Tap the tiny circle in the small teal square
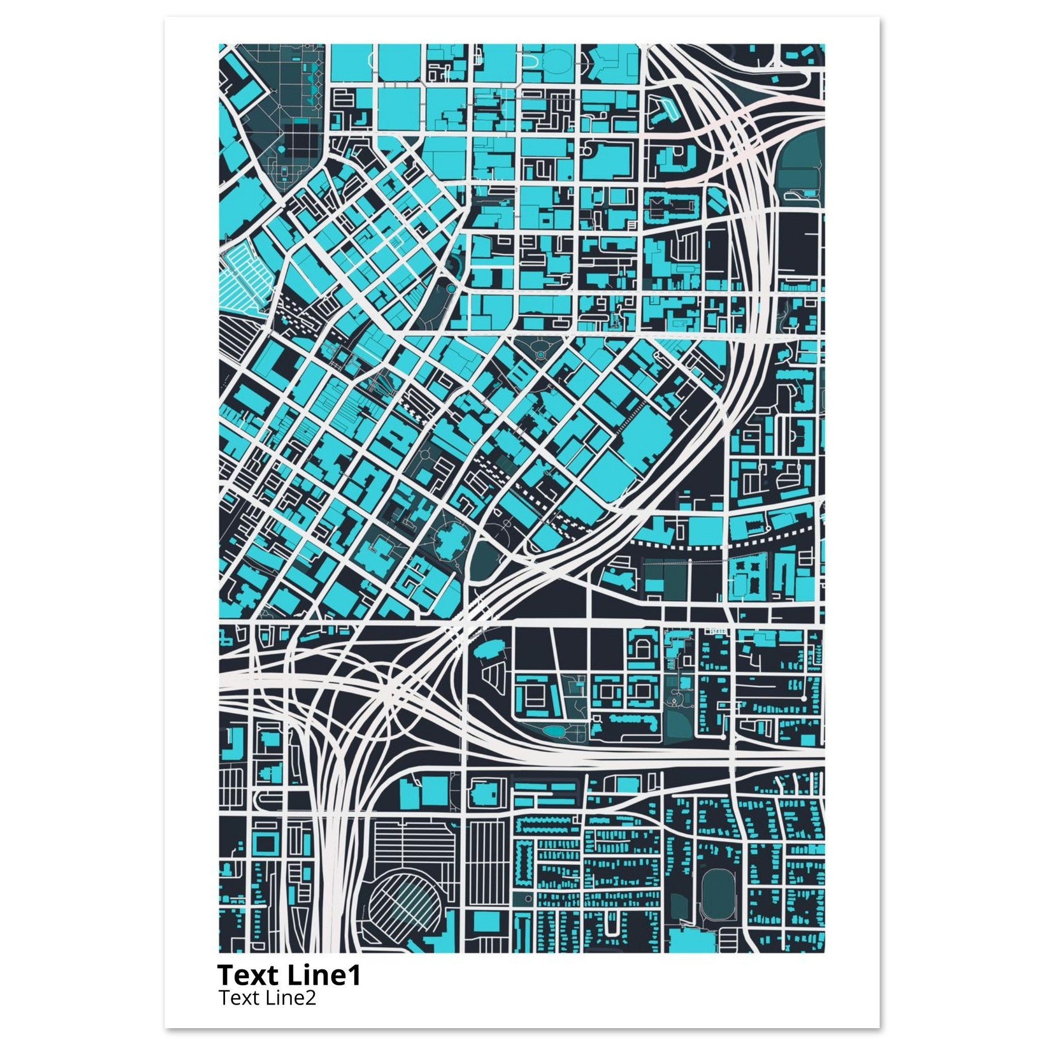coord(541,354)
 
